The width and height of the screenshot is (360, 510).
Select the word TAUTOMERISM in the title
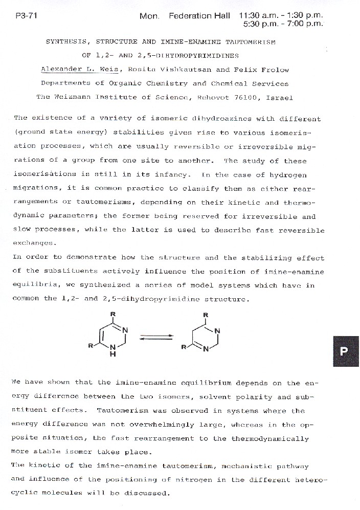click(x=250, y=42)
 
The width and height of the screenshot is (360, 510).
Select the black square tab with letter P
click(x=344, y=351)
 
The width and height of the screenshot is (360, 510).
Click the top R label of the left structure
click(x=112, y=314)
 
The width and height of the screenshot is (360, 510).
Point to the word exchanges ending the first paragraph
click(x=33, y=242)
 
